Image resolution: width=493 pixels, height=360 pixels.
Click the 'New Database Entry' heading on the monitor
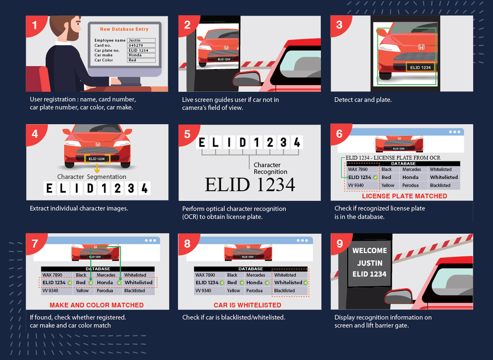pos(124,29)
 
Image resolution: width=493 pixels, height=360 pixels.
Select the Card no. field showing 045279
pos(141,45)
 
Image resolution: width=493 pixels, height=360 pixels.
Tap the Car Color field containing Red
pos(141,60)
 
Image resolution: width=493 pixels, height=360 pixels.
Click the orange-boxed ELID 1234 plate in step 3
pos(421,67)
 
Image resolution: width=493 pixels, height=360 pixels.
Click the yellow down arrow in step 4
pos(97,168)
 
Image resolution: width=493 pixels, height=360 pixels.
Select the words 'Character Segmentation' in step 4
pos(92,177)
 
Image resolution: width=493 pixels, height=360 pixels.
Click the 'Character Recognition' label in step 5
pos(271,168)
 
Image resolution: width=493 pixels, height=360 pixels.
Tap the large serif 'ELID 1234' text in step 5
pos(250,185)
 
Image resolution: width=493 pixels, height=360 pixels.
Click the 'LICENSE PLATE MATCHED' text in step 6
pos(405,196)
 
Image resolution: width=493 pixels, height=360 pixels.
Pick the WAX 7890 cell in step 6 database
pos(358,169)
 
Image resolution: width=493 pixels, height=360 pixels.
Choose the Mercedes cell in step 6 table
pos(412,169)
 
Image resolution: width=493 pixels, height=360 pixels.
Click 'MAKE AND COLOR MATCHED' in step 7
pos(96,305)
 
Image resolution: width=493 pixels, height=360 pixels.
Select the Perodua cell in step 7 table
pos(104,291)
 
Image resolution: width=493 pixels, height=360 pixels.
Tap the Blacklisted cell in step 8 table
pos(284,291)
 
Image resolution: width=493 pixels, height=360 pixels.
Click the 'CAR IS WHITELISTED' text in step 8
pos(247,305)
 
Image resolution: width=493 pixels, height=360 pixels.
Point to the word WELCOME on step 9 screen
pos(370,251)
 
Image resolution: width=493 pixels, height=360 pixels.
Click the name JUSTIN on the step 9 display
pos(370,263)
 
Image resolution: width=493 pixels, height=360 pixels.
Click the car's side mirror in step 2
pos(247,79)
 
